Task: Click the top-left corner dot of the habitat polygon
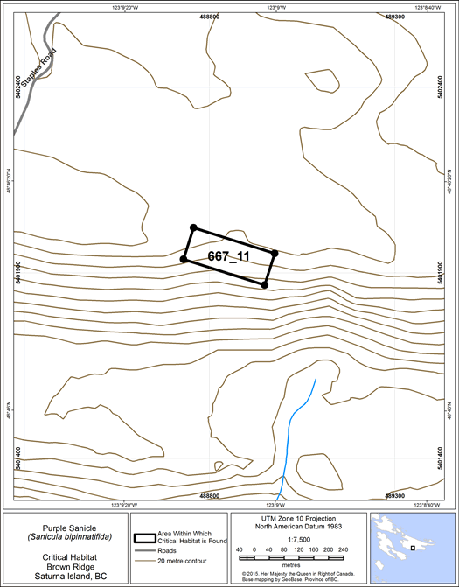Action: point(193,227)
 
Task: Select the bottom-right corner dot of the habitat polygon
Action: point(265,284)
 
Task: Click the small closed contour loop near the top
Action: point(323,80)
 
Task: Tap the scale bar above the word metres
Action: point(280,557)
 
